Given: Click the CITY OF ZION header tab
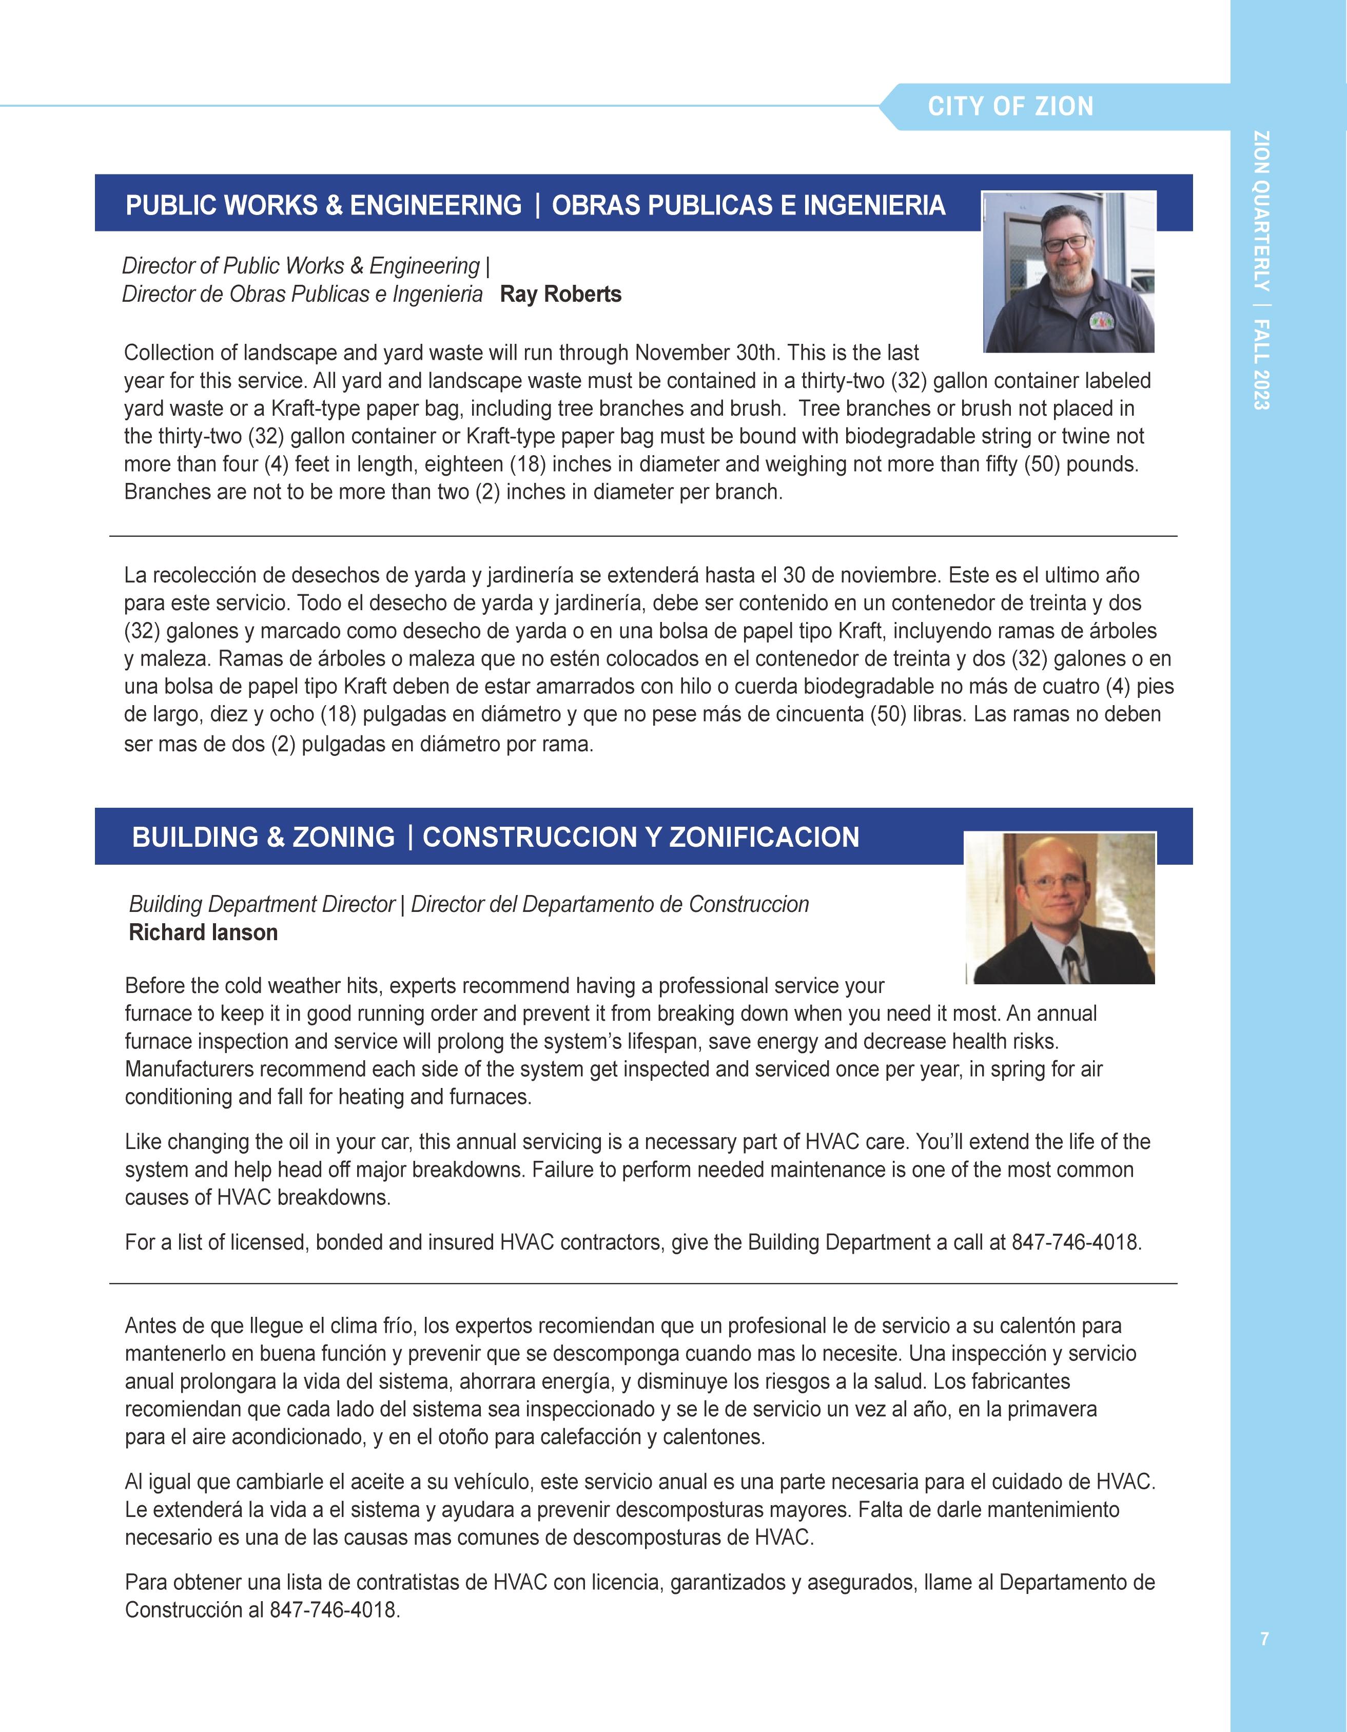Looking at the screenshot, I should (x=1010, y=106).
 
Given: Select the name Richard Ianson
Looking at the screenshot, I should (x=203, y=932).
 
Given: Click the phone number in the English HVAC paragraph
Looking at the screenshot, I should (x=1076, y=1242).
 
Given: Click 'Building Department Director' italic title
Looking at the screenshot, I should (x=262, y=904).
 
